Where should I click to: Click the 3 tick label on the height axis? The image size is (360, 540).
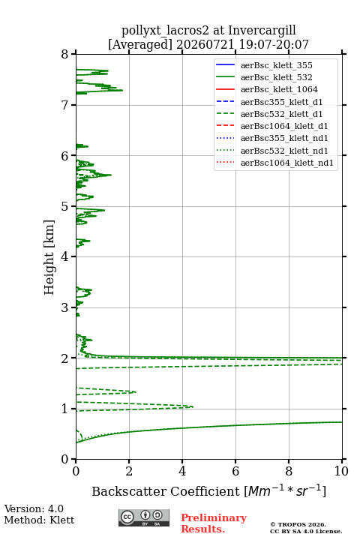click(64, 307)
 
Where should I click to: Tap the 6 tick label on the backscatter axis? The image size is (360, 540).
click(235, 471)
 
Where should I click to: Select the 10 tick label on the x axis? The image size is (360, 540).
click(341, 471)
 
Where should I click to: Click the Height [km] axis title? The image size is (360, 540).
click(49, 257)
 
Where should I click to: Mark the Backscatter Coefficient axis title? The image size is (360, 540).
click(208, 491)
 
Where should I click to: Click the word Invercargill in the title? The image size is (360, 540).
click(262, 31)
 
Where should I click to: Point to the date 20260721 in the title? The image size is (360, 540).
click(205, 45)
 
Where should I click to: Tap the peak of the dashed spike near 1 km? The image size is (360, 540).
click(193, 406)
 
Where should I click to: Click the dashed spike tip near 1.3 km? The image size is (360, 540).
click(136, 392)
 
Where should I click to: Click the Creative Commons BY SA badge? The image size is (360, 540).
click(144, 518)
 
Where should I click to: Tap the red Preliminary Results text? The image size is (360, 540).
click(214, 523)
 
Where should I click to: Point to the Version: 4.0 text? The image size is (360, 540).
click(34, 509)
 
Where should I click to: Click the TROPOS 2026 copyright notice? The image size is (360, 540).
click(298, 524)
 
